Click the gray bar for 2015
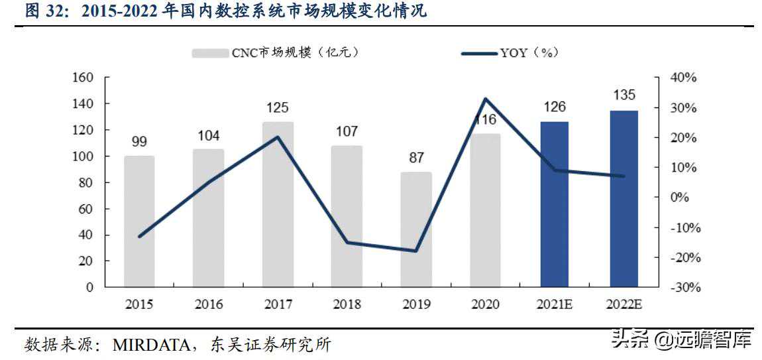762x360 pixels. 139,221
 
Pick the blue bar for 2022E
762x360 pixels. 624,199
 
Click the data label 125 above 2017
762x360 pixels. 278,107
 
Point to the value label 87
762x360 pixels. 415,158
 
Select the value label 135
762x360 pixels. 624,95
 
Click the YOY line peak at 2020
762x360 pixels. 485,99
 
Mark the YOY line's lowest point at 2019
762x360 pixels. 415,251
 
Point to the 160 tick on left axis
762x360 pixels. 83,78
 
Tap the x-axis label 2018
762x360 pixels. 347,305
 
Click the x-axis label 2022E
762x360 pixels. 624,305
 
